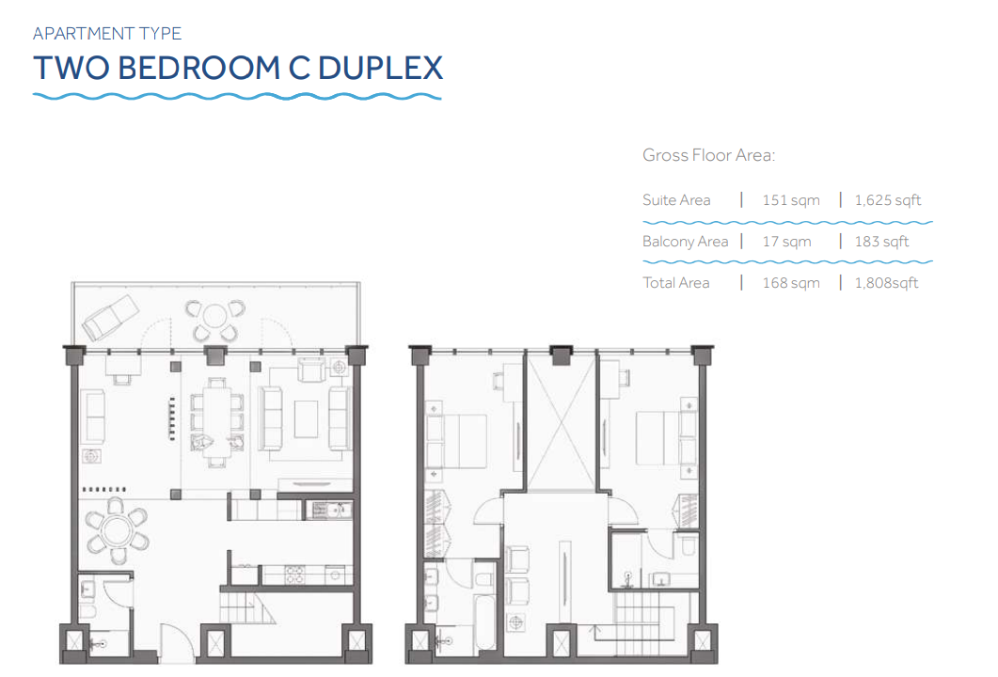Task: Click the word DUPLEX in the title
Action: [x=380, y=68]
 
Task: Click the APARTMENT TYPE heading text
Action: [x=107, y=33]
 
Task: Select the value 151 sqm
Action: [x=791, y=200]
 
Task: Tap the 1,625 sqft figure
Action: [x=888, y=200]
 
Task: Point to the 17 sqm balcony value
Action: [x=786, y=242]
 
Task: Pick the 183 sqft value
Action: [x=881, y=242]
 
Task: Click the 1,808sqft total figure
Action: [x=887, y=283]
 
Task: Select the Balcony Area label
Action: [x=685, y=242]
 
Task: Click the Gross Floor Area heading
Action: [x=708, y=155]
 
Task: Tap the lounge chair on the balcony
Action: [x=111, y=318]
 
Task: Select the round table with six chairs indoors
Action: [x=118, y=530]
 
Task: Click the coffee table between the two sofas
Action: [x=306, y=418]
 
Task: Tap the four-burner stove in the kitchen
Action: [x=294, y=575]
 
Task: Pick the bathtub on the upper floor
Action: [x=484, y=621]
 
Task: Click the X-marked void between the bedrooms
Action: [x=561, y=425]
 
